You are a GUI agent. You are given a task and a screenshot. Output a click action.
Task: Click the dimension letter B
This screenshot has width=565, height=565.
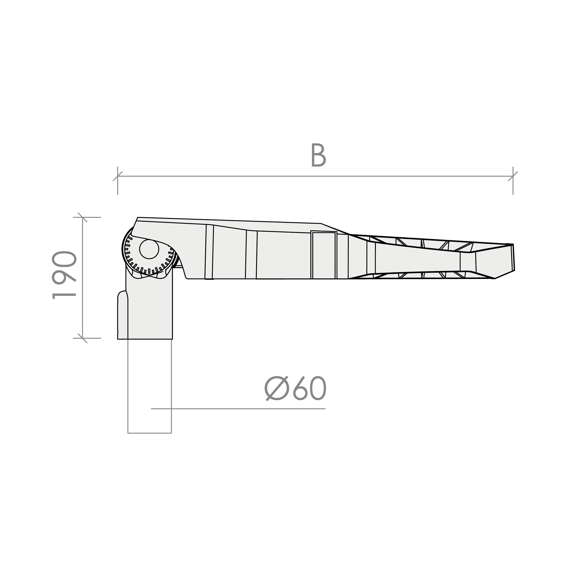click(318, 155)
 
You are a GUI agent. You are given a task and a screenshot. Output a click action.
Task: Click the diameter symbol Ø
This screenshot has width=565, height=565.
click(277, 388)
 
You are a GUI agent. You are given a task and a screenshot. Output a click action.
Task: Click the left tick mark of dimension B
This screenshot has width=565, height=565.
click(118, 176)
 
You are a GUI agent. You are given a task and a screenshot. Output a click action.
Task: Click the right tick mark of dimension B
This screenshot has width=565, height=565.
click(513, 176)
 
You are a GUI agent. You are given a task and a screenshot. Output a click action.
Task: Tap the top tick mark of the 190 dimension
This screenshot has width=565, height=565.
click(82, 217)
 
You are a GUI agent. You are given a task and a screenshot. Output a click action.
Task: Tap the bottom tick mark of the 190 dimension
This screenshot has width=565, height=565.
click(82, 338)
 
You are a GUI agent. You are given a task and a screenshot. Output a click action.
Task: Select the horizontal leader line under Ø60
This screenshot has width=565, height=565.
click(238, 409)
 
